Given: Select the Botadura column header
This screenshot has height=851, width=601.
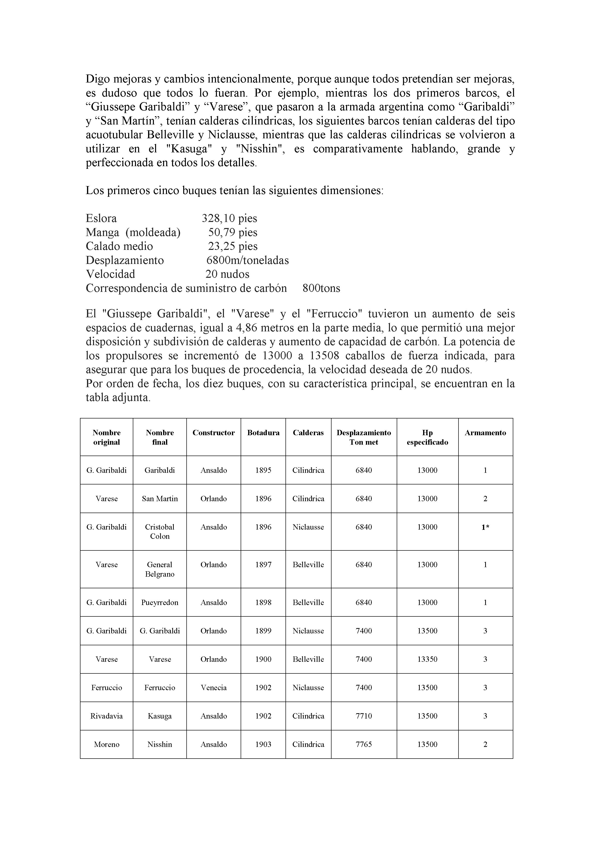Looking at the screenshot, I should click(263, 433).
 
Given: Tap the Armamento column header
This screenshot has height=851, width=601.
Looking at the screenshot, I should click(485, 433).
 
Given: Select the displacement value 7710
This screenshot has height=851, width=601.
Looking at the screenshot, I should click(364, 716).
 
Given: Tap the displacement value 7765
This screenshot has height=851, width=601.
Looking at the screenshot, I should click(364, 744).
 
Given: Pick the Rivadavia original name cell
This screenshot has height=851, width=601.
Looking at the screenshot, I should click(106, 716).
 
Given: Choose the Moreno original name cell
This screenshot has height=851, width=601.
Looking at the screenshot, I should click(106, 744).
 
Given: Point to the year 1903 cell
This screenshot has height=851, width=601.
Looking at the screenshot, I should click(263, 744).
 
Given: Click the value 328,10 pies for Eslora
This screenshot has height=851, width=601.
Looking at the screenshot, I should click(229, 218).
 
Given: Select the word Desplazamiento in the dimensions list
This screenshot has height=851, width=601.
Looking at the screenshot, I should click(125, 260).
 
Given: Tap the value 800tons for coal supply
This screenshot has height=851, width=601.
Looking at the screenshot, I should click(321, 288).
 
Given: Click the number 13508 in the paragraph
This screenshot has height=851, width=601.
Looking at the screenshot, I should click(325, 355).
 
